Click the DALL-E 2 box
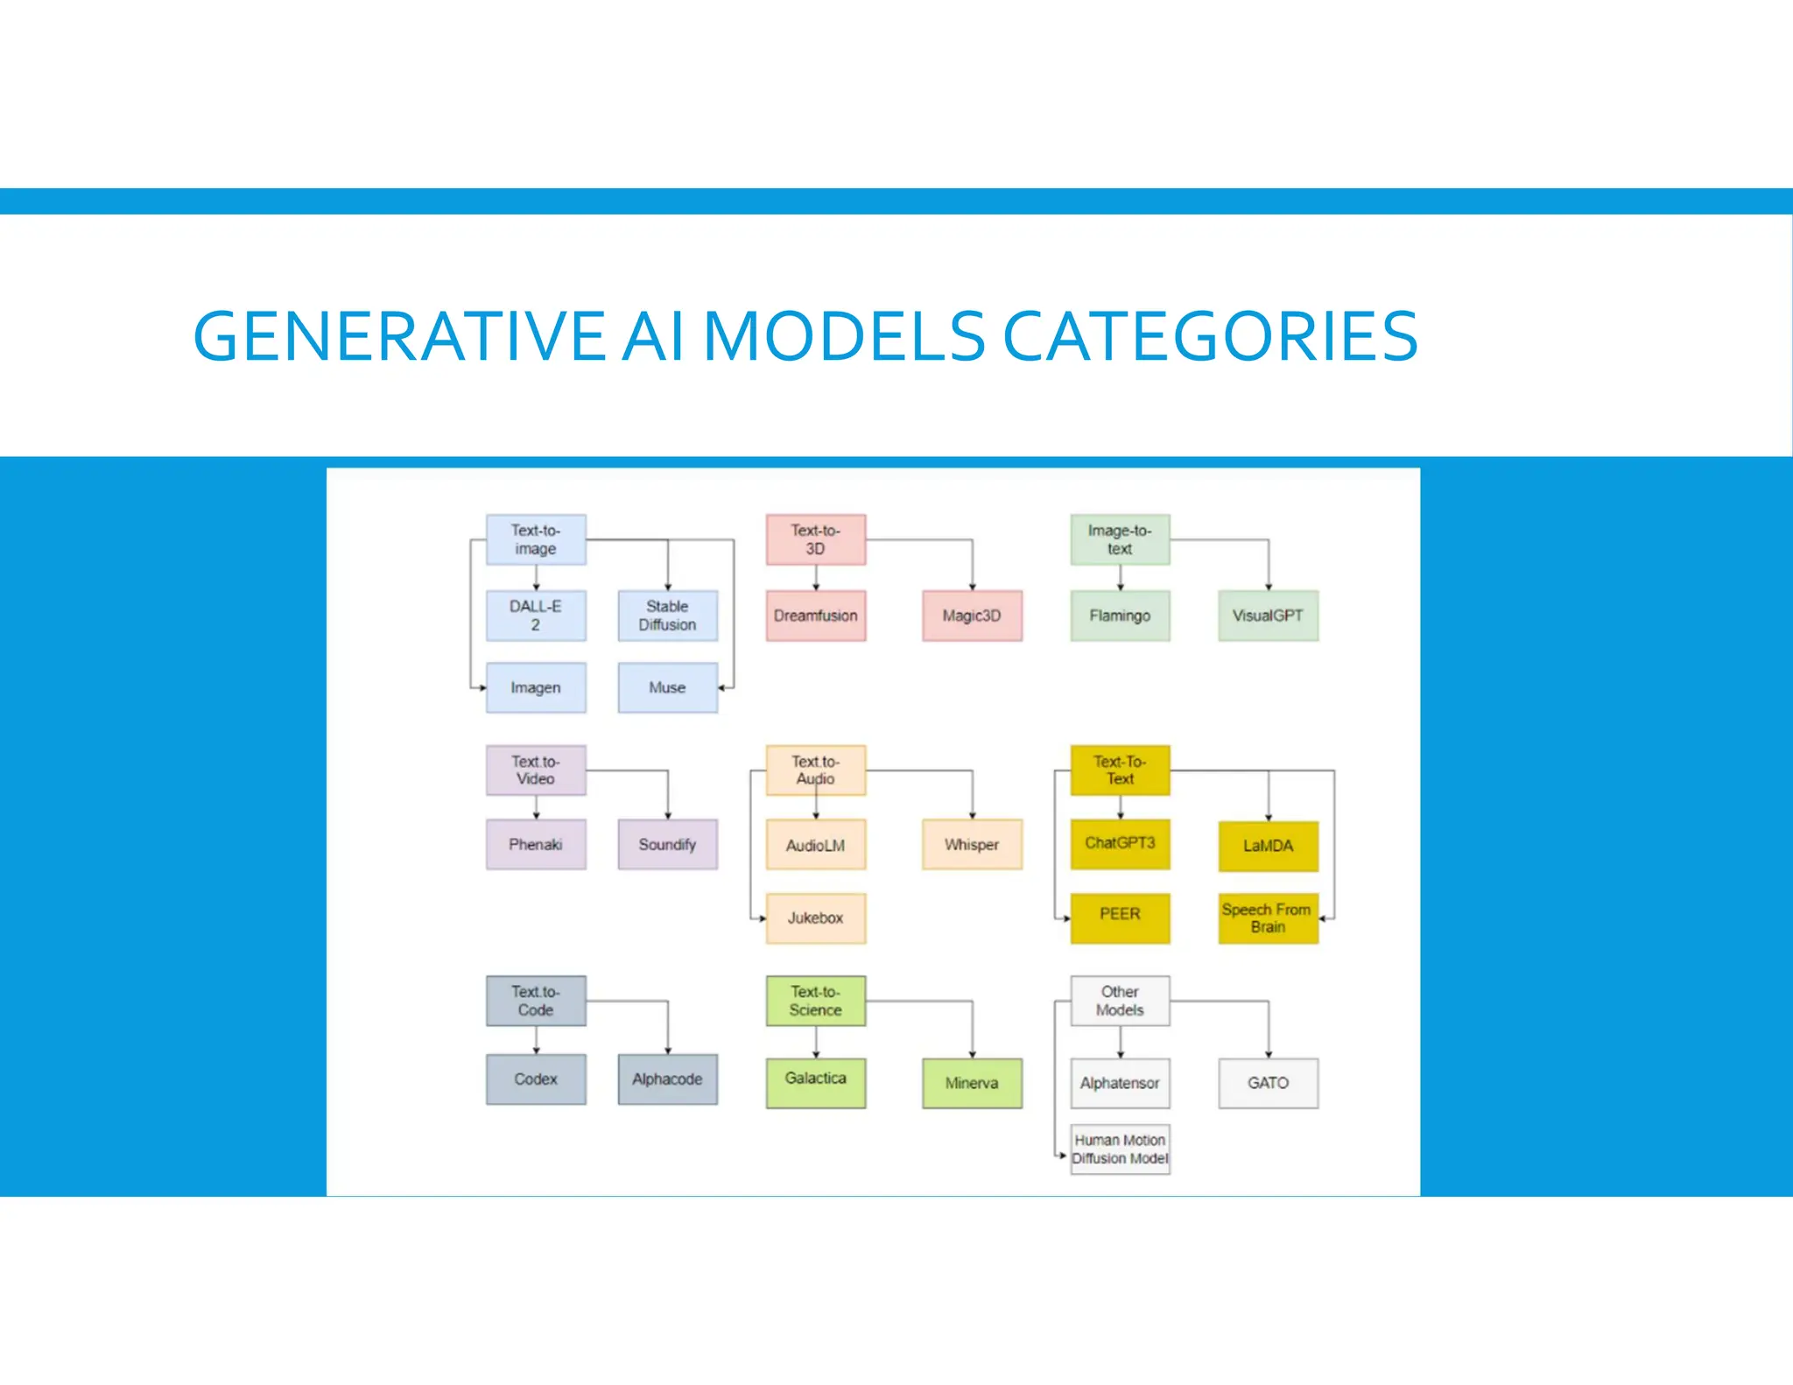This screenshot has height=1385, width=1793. (x=536, y=615)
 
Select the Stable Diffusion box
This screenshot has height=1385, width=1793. (x=667, y=615)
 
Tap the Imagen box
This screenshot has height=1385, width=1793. (x=536, y=687)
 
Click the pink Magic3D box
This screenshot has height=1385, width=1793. (x=972, y=615)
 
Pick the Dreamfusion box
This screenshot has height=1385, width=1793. (x=815, y=615)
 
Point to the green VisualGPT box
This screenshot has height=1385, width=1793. (x=1268, y=615)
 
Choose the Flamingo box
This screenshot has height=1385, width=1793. (x=1120, y=615)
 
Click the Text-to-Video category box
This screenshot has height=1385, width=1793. (x=536, y=770)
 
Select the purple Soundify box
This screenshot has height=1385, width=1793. (x=667, y=844)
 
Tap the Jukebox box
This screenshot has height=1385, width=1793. (x=815, y=917)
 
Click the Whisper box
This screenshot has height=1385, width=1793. (x=972, y=844)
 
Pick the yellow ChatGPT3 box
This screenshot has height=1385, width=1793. (x=1120, y=844)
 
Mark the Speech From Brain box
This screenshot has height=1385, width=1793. (x=1268, y=917)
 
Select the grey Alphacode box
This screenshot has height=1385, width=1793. (x=667, y=1079)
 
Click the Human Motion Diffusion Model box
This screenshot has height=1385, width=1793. (x=1120, y=1149)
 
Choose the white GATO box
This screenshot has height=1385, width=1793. (x=1268, y=1083)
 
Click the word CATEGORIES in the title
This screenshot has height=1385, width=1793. (x=1209, y=336)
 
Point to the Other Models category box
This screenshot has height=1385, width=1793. (x=1120, y=1001)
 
